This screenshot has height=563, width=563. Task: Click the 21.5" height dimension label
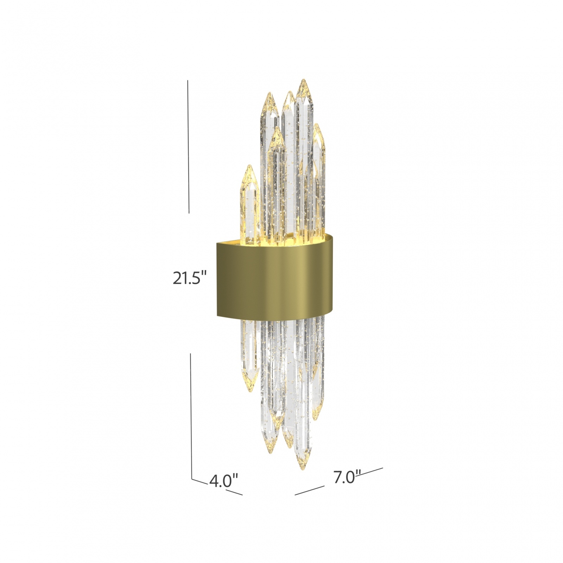point(189,279)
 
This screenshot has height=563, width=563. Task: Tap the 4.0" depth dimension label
point(224,480)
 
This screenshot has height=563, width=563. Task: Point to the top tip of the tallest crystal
point(303,80)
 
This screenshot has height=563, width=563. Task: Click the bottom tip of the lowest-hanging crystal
point(302,469)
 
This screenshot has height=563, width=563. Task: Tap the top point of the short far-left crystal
point(249,166)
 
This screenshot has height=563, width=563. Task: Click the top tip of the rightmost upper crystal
point(318,124)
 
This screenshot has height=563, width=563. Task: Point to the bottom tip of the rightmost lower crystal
point(316,419)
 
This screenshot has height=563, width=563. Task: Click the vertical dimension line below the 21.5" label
point(191,415)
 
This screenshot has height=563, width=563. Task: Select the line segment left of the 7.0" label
point(309,491)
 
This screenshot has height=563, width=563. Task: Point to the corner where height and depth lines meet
point(192,479)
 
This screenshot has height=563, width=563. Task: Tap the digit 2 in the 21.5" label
point(177,279)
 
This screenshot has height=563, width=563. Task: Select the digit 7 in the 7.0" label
point(337,477)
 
